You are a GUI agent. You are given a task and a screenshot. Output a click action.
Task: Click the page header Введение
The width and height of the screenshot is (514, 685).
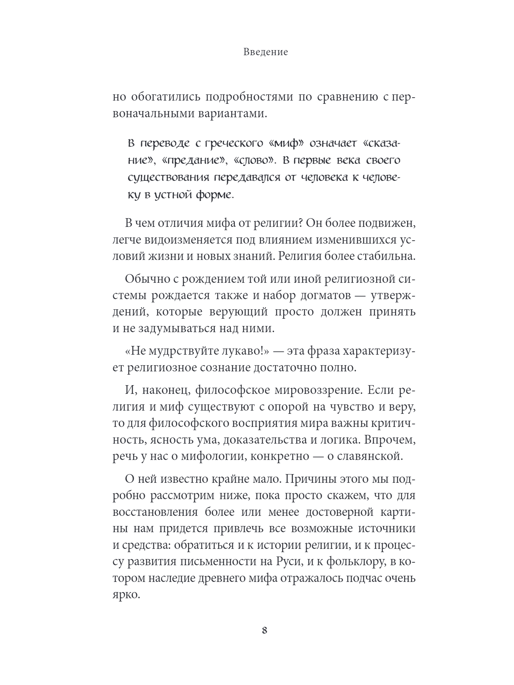point(265,52)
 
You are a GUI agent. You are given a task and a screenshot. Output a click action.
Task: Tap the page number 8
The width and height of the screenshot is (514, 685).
point(264,631)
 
